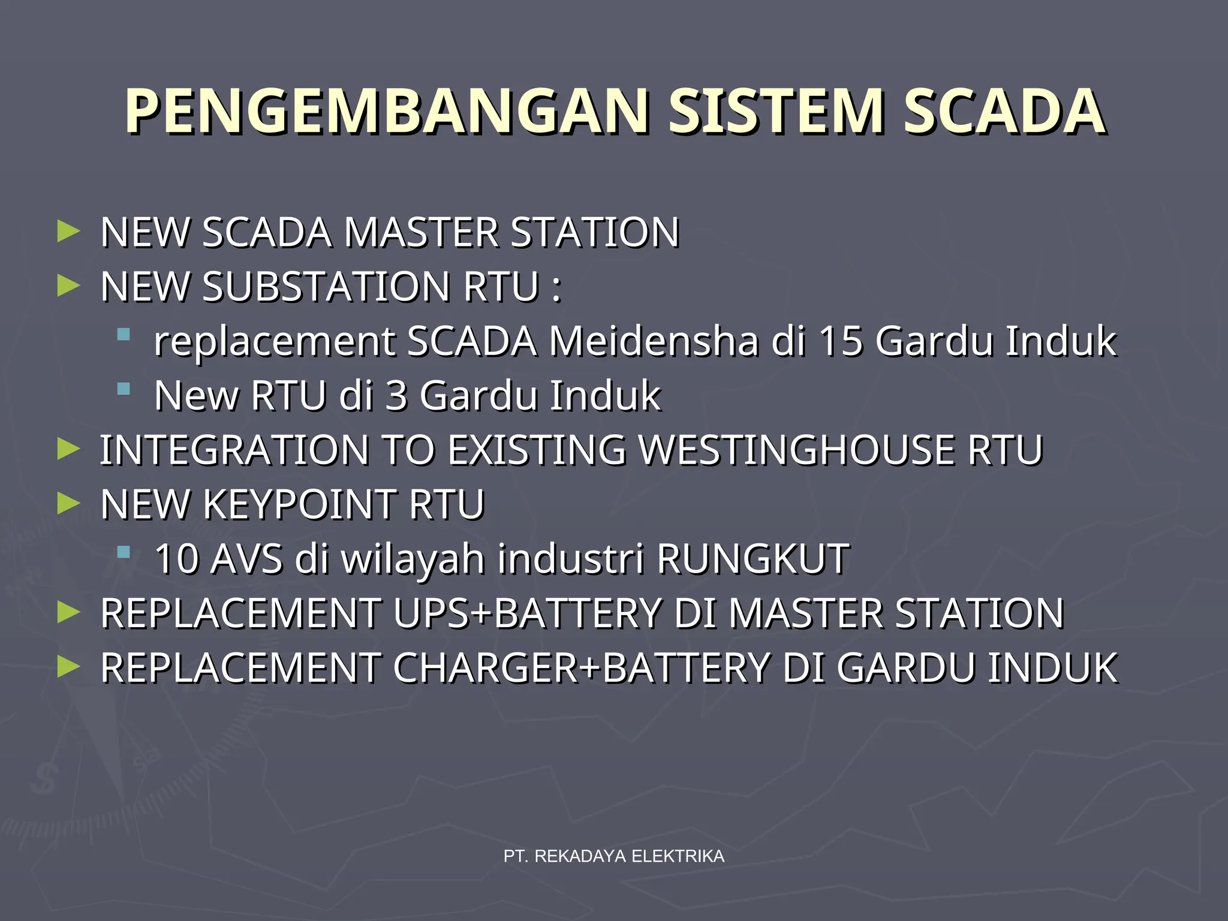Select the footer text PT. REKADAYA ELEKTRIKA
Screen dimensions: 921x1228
[x=614, y=856]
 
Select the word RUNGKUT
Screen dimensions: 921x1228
[x=753, y=559]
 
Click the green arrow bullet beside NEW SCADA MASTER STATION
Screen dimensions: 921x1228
[x=68, y=231]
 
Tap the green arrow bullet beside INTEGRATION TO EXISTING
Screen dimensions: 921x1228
[x=68, y=450]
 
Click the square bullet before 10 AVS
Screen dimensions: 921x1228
[x=124, y=552]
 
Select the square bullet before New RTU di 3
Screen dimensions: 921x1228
[x=124, y=389]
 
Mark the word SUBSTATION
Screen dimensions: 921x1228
[x=326, y=287]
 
